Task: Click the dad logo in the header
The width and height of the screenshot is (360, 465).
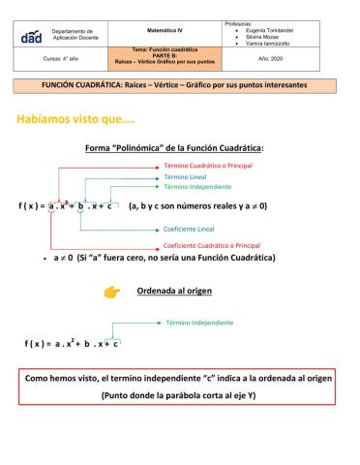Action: [31, 35]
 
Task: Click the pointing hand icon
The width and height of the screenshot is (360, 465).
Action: [113, 291]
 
